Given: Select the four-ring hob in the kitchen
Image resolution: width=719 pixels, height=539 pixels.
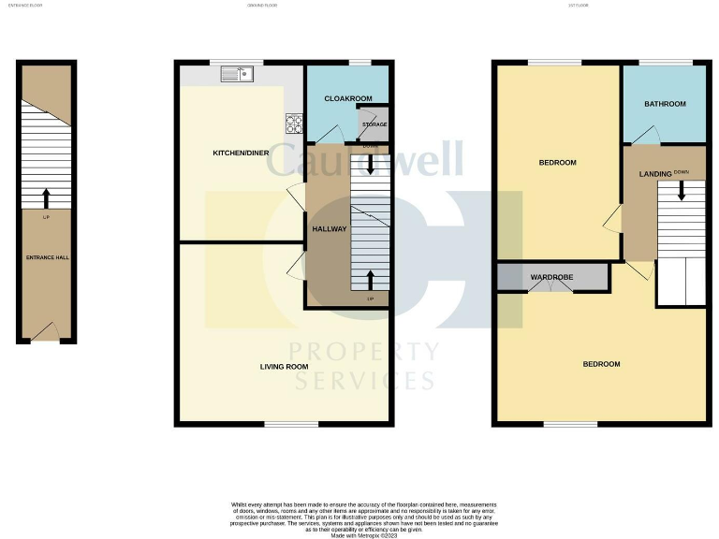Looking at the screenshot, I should click(x=294, y=121).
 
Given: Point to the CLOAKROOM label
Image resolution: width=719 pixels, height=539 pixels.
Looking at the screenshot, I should click(x=348, y=98).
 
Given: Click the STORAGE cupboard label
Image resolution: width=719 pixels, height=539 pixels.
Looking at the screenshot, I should click(x=374, y=124).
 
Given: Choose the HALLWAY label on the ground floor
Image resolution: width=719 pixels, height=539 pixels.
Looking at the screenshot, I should click(x=329, y=229).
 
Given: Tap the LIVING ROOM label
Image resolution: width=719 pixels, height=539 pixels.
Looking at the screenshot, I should click(x=284, y=367).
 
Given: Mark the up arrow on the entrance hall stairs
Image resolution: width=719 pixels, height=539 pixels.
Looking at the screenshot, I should click(x=46, y=197).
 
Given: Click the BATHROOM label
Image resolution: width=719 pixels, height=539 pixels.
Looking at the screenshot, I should click(x=665, y=104).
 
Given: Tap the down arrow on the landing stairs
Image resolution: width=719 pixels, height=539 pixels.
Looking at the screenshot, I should click(x=682, y=190).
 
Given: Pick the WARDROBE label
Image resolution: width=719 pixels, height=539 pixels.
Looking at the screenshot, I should click(x=552, y=278).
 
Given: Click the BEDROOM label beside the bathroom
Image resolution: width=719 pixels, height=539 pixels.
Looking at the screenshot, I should click(x=557, y=163).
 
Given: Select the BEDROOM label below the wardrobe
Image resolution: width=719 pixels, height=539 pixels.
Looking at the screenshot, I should click(x=601, y=364).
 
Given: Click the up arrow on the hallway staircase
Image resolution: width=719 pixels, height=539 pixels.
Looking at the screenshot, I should click(x=371, y=279).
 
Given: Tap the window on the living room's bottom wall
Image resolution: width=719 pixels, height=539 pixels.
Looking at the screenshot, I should click(x=284, y=424).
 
